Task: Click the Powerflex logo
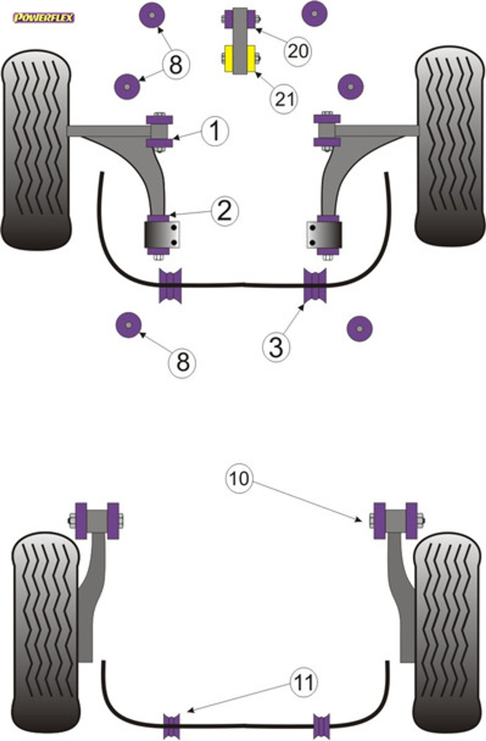(x=44, y=18)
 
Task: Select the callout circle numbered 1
(x=215, y=131)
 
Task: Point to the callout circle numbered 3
(x=276, y=347)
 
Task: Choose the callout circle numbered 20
(x=298, y=51)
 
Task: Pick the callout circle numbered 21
(x=284, y=98)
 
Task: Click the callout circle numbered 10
(x=239, y=478)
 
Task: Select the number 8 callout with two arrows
(x=176, y=65)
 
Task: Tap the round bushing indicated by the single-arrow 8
(x=128, y=325)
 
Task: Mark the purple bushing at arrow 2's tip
(x=159, y=219)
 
